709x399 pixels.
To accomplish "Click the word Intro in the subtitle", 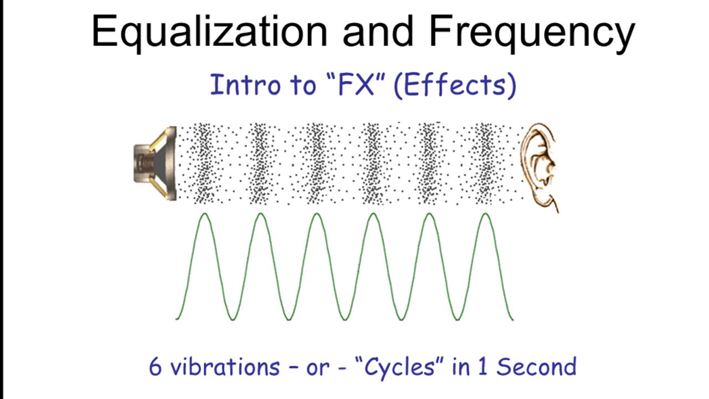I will point(241,85).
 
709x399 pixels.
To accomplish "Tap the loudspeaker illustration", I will point(155,163).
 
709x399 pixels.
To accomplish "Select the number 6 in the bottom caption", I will point(156,367).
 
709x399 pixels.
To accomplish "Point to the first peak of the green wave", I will point(204,214).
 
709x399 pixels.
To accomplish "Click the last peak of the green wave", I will point(486,214).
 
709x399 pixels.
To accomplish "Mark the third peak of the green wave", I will point(316,214).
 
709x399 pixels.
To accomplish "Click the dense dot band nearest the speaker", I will point(204,163).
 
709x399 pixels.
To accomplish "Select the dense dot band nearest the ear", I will point(486,163).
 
